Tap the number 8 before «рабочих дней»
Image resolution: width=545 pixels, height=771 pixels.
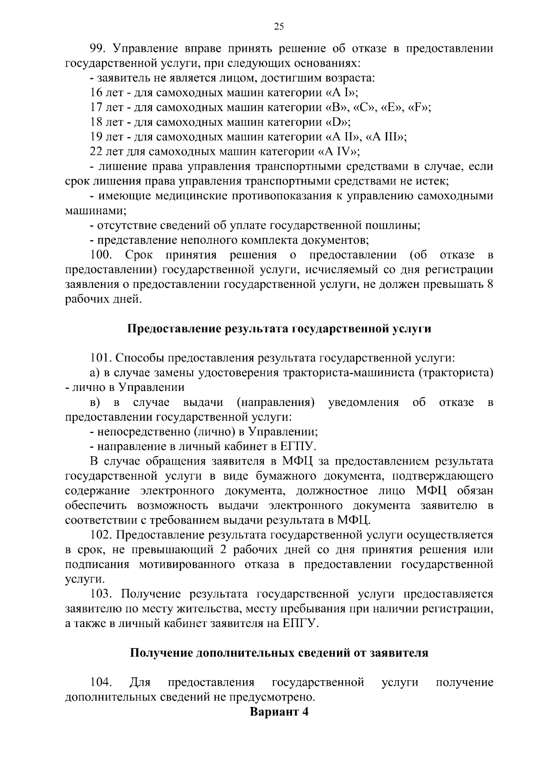490,284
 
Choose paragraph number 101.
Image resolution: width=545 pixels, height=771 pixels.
100,358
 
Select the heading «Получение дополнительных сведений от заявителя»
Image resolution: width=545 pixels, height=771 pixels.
279,653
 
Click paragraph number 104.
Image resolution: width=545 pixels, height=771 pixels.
101,682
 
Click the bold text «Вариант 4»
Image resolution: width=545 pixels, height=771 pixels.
279,712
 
